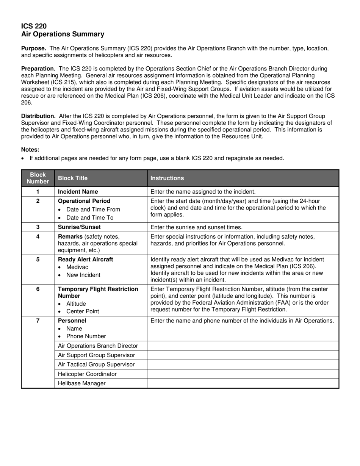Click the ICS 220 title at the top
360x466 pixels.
pyautogui.click(x=34, y=26)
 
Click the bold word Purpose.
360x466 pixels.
pyautogui.click(x=34, y=48)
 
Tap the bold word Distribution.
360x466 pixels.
pyautogui.click(x=38, y=116)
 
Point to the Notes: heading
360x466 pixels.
pyautogui.click(x=30, y=150)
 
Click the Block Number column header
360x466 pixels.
pyautogui.click(x=38, y=178)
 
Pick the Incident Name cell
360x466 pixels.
pyautogui.click(x=78, y=192)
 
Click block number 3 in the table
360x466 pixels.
pyautogui.click(x=38, y=227)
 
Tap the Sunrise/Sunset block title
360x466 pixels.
pyautogui.click(x=79, y=227)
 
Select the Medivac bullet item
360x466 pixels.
pyautogui.click(x=77, y=267)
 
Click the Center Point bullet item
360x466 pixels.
pyautogui.click(x=82, y=311)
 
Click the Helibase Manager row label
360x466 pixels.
pyautogui.click(x=81, y=383)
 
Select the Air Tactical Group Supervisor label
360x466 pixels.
pyautogui.click(x=96, y=364)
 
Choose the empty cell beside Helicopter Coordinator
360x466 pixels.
pyautogui.click(x=243, y=374)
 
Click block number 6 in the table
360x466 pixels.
pyautogui.click(x=38, y=289)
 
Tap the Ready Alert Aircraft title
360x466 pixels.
pyautogui.click(x=85, y=260)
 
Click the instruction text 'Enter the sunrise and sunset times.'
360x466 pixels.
pyautogui.click(x=196, y=227)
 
